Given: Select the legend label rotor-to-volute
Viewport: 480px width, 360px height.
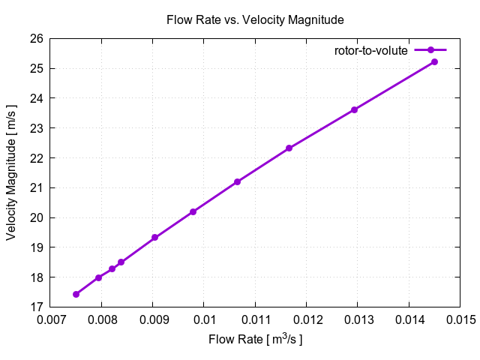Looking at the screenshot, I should point(370,50).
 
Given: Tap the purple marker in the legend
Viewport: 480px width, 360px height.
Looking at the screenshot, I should point(430,50).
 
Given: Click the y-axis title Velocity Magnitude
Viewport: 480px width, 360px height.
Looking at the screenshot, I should point(11,172).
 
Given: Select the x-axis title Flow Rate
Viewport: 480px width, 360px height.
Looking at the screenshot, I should point(255,340).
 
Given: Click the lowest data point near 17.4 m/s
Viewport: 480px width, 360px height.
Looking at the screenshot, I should point(76,294).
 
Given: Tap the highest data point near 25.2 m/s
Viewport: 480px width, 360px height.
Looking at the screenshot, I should point(434,61).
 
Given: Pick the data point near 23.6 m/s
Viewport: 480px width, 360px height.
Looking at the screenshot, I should point(354,109).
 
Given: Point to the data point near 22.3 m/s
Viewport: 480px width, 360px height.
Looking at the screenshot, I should point(289,148).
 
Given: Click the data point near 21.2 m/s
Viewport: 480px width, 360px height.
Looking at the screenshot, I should point(237,181).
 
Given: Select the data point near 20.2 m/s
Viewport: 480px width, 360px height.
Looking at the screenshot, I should point(193,211).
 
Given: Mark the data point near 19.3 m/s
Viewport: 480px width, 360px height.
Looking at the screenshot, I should point(154,238).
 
